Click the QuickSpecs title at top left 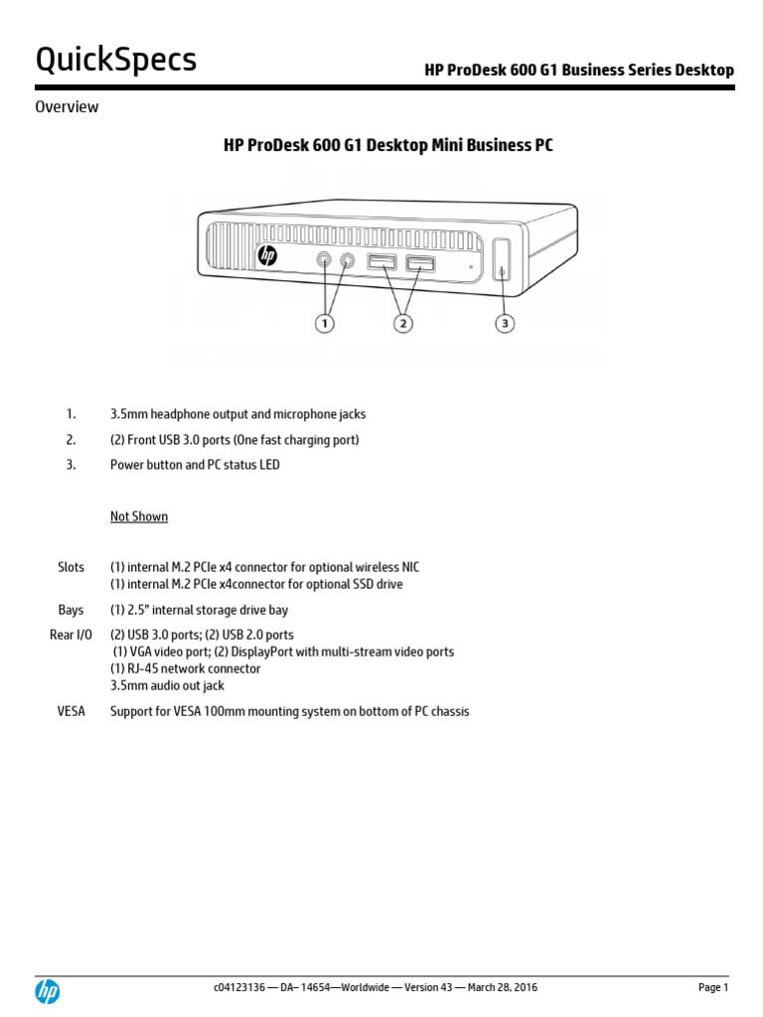[x=116, y=61]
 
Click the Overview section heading [x=67, y=107]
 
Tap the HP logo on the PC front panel [x=267, y=256]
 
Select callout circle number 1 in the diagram [x=325, y=323]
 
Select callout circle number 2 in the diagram [x=403, y=323]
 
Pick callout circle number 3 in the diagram [x=505, y=323]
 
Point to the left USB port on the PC [x=382, y=263]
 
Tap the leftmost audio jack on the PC [x=325, y=260]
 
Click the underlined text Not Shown [x=139, y=516]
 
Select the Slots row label [x=71, y=567]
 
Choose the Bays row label [x=71, y=610]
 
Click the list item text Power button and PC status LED [x=195, y=465]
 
